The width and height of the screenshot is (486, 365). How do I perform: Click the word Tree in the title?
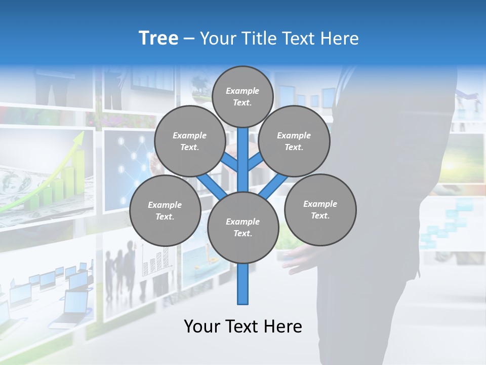point(158,38)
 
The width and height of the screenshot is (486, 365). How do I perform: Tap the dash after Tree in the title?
point(189,39)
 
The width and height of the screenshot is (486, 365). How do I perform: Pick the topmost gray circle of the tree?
point(242,96)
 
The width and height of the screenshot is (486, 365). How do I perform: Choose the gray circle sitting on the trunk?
point(243,228)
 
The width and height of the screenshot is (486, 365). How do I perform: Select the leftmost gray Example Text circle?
point(165,210)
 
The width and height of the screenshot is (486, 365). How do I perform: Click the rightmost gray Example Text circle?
point(320,209)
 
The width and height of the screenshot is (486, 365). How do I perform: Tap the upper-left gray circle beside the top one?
point(190,141)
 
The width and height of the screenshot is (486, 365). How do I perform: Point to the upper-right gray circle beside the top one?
point(294,141)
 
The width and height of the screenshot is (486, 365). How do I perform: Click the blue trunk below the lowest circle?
point(243,284)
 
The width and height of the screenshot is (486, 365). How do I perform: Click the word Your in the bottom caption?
point(201,326)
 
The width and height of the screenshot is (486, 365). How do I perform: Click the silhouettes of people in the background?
point(121,264)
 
